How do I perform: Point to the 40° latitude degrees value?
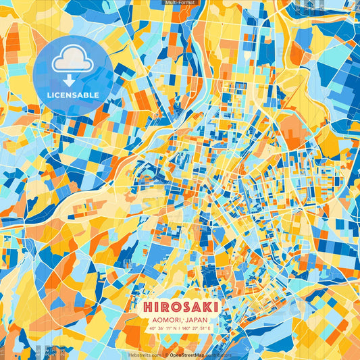pos(153,329)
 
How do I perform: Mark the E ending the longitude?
pos(209,329)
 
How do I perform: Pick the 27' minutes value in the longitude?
pos(195,329)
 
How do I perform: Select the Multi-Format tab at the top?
pos(180,3)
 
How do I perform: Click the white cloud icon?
pos(72,59)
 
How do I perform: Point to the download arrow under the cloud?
pos(72,79)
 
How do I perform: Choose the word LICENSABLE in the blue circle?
pos(72,95)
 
